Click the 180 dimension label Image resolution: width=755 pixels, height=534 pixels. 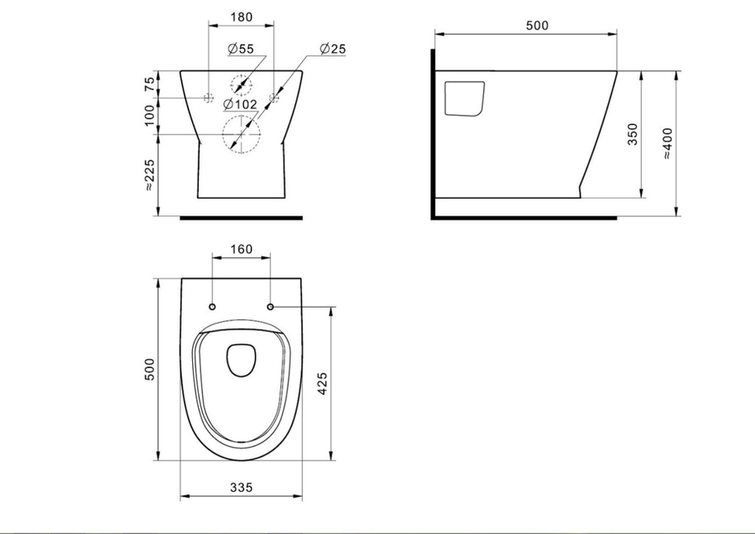[x=242, y=18]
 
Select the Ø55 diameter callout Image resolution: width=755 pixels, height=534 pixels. [x=240, y=49]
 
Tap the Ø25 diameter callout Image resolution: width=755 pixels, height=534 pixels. [x=333, y=49]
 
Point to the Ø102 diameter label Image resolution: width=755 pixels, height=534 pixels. [x=240, y=104]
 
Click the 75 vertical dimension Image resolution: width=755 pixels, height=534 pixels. [x=150, y=84]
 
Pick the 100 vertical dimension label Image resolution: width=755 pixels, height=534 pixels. [x=150, y=116]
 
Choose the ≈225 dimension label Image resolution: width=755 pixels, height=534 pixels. [x=150, y=175]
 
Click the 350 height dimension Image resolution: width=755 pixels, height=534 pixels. [x=633, y=134]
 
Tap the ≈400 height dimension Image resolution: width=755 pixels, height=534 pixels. [x=668, y=143]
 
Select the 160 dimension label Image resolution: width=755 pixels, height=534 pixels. [x=242, y=249]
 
